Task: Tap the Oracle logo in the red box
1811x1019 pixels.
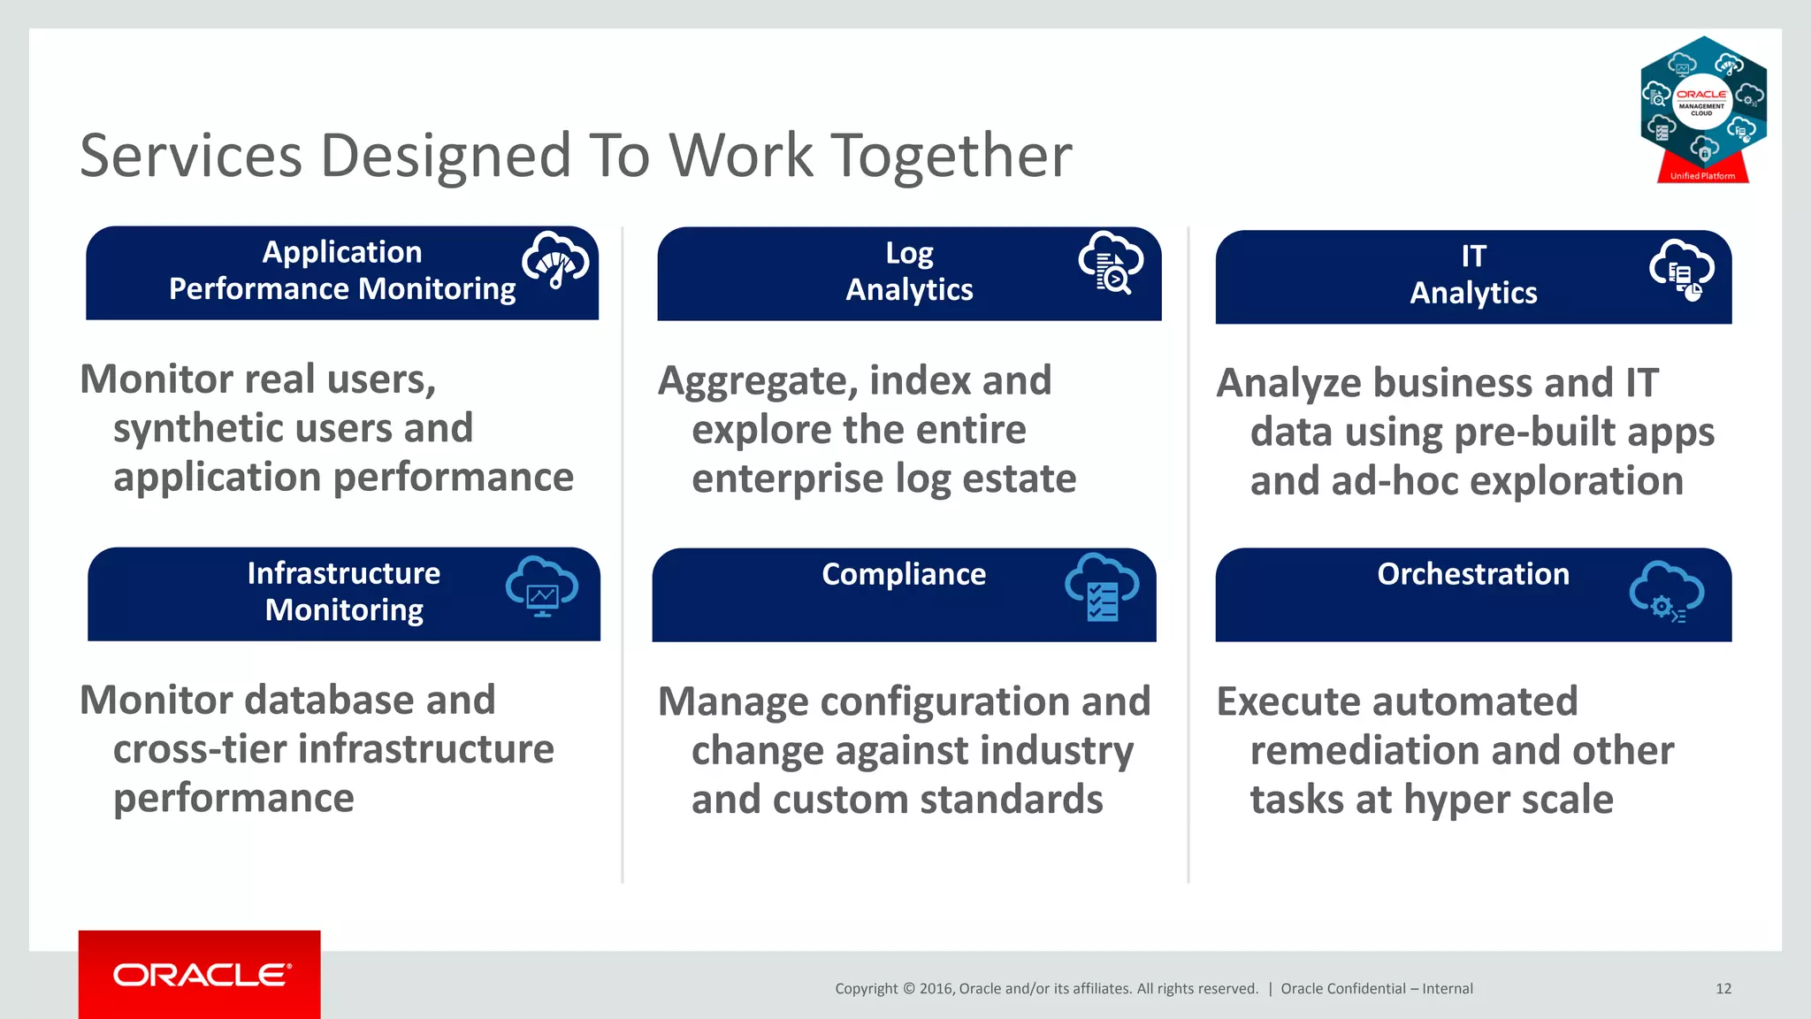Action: pos(201,975)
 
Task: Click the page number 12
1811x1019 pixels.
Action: pos(1723,989)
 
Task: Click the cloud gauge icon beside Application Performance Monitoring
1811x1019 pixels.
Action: pos(555,260)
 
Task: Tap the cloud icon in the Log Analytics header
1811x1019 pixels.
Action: pos(1111,262)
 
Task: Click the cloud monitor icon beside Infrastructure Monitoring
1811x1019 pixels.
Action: pos(542,586)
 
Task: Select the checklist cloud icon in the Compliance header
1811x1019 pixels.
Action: pos(1102,587)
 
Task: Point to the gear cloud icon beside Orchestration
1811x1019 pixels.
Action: pos(1666,592)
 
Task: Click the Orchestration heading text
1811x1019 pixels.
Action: pos(1473,574)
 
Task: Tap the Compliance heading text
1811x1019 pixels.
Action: pos(904,575)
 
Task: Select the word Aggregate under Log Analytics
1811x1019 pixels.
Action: pos(759,382)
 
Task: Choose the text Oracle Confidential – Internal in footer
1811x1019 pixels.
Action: pos(1377,989)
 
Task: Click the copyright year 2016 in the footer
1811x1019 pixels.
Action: pos(935,989)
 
